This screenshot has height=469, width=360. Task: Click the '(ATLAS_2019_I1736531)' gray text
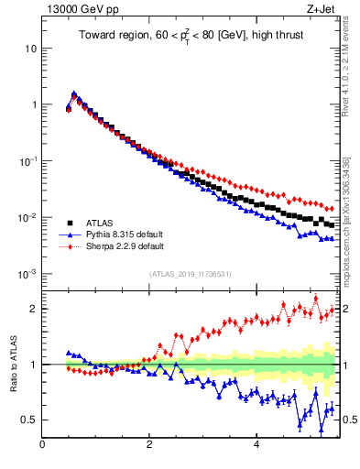[190, 274]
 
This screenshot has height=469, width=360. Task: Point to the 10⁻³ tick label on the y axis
[27, 274]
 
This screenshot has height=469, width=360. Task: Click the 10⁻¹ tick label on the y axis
[27, 160]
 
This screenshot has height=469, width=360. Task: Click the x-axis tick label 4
[256, 446]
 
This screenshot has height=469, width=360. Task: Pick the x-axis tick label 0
[42, 446]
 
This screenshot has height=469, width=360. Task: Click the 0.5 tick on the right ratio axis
[349, 420]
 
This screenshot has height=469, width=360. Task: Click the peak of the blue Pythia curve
[73, 93]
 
